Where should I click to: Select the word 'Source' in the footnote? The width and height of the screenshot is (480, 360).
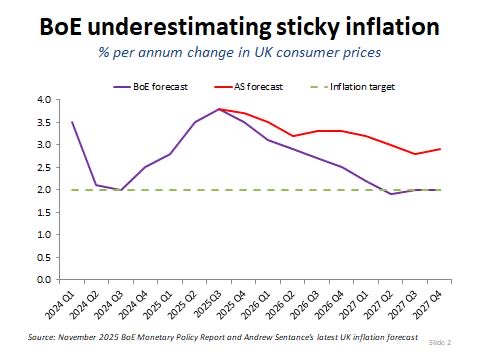click(x=45, y=338)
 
